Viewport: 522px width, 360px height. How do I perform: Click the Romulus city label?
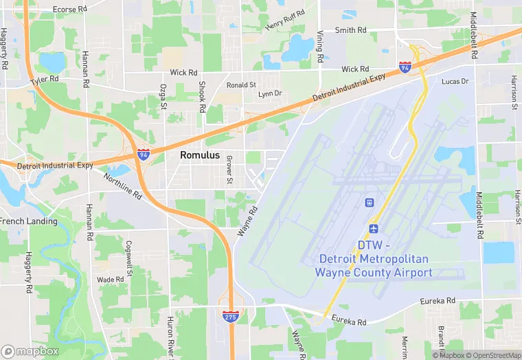[x=200, y=155]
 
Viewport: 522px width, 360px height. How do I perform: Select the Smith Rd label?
[x=350, y=30]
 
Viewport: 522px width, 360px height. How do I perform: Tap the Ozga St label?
[x=163, y=97]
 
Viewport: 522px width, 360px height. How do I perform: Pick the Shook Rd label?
[x=202, y=97]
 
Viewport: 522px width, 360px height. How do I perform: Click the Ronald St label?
[x=241, y=85]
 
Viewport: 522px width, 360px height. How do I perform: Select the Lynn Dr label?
[x=269, y=93]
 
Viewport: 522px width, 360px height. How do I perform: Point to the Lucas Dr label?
[x=455, y=81]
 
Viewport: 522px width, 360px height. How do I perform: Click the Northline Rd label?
[x=123, y=185]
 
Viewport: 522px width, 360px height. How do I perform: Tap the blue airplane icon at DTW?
[x=374, y=228]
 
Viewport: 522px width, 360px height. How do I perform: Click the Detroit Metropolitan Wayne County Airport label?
[x=374, y=259]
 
